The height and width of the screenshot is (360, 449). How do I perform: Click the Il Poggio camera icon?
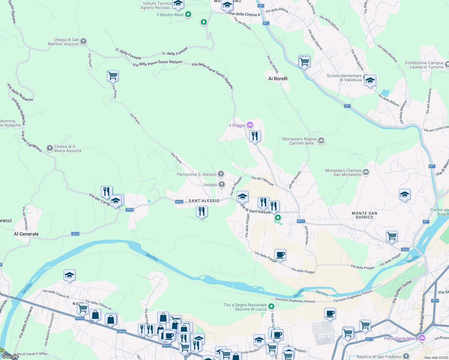[x=250, y=125]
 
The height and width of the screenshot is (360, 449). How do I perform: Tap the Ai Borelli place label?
[x=278, y=79]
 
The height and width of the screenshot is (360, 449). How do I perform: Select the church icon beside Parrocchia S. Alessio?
[x=221, y=174]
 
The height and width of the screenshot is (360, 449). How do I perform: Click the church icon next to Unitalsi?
[x=221, y=184]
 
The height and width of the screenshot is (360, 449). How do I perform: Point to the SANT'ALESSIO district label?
[x=204, y=201]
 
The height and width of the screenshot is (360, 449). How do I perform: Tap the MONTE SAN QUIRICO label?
[x=364, y=215]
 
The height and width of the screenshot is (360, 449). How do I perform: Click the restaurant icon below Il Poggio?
[x=255, y=136]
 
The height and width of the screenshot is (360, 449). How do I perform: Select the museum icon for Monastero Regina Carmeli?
[x=321, y=140]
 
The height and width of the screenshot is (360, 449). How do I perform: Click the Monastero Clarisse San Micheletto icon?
[x=366, y=172]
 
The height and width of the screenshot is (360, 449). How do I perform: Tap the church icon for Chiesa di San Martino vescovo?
[x=83, y=41]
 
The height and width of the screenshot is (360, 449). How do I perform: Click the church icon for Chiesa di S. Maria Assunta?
[x=50, y=148]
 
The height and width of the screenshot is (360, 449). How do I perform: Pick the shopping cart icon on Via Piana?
[x=113, y=76]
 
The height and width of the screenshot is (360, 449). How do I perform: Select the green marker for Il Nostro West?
[x=188, y=14]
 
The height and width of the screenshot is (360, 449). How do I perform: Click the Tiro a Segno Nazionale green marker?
[x=271, y=306]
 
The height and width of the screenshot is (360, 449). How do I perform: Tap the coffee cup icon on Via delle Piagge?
[x=280, y=255]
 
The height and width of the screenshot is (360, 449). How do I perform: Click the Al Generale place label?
[x=26, y=234]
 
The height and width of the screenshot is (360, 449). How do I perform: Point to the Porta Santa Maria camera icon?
[x=422, y=338]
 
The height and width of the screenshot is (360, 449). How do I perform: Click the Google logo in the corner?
[x=10, y=356]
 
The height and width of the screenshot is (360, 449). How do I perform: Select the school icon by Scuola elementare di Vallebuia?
[x=370, y=80]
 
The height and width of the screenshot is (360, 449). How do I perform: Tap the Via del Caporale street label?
[x=262, y=181]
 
